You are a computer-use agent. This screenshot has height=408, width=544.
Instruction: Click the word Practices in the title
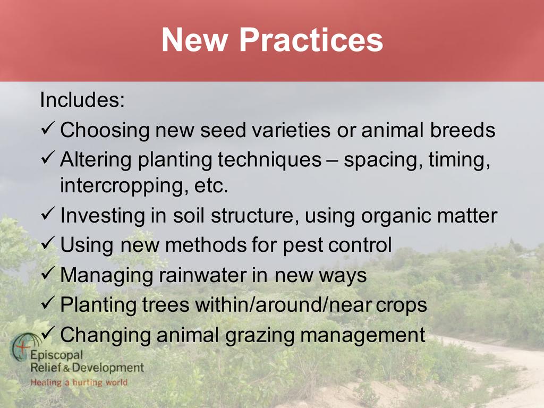(x=311, y=39)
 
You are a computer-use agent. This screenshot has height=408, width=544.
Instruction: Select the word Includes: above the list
(x=82, y=99)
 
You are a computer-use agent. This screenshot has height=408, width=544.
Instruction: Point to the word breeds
(x=463, y=130)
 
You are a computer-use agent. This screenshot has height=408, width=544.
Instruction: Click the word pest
(x=302, y=245)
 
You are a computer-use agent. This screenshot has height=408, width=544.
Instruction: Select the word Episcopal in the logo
(x=56, y=355)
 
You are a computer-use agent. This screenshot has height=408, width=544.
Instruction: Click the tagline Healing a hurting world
(x=79, y=382)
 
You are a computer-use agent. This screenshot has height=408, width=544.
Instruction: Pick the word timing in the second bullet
(x=458, y=160)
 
